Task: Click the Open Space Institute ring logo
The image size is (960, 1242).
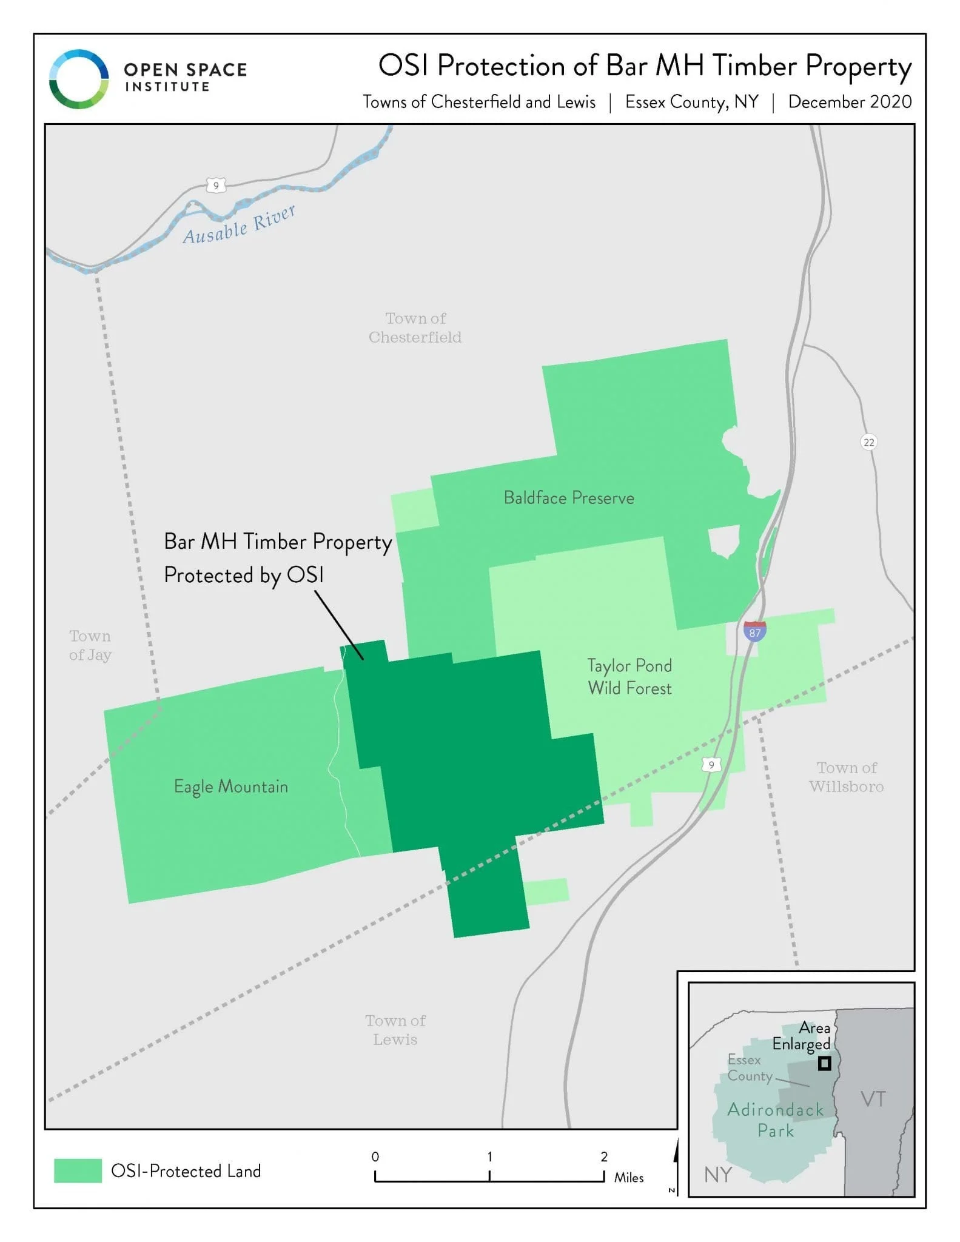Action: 79,79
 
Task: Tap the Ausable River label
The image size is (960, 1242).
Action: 239,224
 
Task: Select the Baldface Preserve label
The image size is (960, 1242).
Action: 569,498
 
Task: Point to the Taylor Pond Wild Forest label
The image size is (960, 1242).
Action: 629,677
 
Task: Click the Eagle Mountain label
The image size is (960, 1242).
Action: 231,787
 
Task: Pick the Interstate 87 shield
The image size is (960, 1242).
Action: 754,631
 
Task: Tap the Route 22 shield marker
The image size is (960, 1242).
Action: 868,442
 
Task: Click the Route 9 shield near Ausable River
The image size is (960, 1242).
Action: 216,185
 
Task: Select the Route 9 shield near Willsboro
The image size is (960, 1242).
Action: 711,765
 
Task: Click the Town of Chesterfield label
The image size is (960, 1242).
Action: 415,327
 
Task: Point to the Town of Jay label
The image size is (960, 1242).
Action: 90,645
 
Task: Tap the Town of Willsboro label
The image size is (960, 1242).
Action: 847,777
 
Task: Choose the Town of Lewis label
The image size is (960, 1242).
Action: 395,1030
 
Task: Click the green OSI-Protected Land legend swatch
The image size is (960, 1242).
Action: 78,1170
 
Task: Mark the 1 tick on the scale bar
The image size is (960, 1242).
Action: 489,1175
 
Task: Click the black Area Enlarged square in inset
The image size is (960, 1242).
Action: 824,1063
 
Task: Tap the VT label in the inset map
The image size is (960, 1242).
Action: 873,1099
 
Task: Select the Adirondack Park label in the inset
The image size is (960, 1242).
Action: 776,1119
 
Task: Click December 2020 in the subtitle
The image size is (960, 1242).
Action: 850,102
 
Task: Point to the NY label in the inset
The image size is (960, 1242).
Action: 718,1175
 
